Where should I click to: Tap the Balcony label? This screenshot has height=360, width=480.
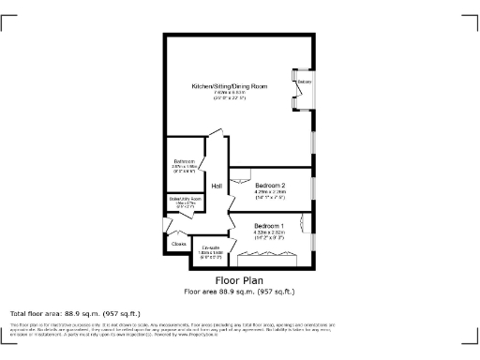(x=304, y=82)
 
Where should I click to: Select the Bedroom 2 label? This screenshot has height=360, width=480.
(x=269, y=185)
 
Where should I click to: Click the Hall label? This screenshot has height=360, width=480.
(x=217, y=187)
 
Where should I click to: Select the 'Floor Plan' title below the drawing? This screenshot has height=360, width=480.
(x=239, y=280)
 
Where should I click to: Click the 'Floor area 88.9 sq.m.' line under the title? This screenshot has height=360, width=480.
(x=239, y=292)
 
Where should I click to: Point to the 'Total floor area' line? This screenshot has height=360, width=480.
(x=74, y=313)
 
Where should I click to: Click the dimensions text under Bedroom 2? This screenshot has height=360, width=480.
(x=269, y=195)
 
